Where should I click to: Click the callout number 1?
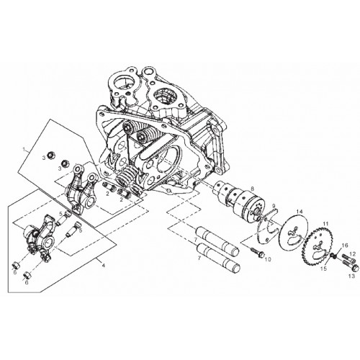24,149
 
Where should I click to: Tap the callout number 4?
104,266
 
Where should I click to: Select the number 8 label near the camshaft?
252,189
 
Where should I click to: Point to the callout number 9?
273,206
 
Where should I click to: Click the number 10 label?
268,259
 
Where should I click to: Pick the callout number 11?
325,224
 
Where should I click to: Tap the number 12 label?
352,253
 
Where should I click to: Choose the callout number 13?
351,276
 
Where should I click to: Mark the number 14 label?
300,212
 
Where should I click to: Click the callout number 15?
324,269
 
